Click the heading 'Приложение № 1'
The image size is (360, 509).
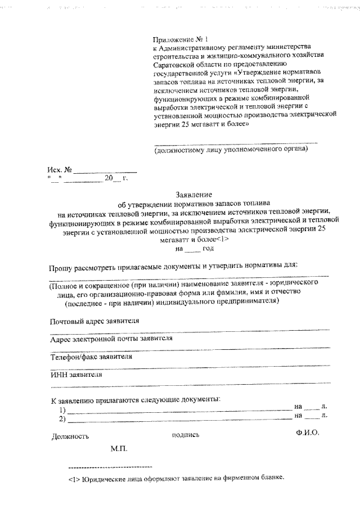tap(180, 40)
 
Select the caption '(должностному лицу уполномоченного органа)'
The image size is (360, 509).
tap(231, 150)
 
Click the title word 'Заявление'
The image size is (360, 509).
tap(194, 193)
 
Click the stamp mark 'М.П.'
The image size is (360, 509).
tap(119, 449)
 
